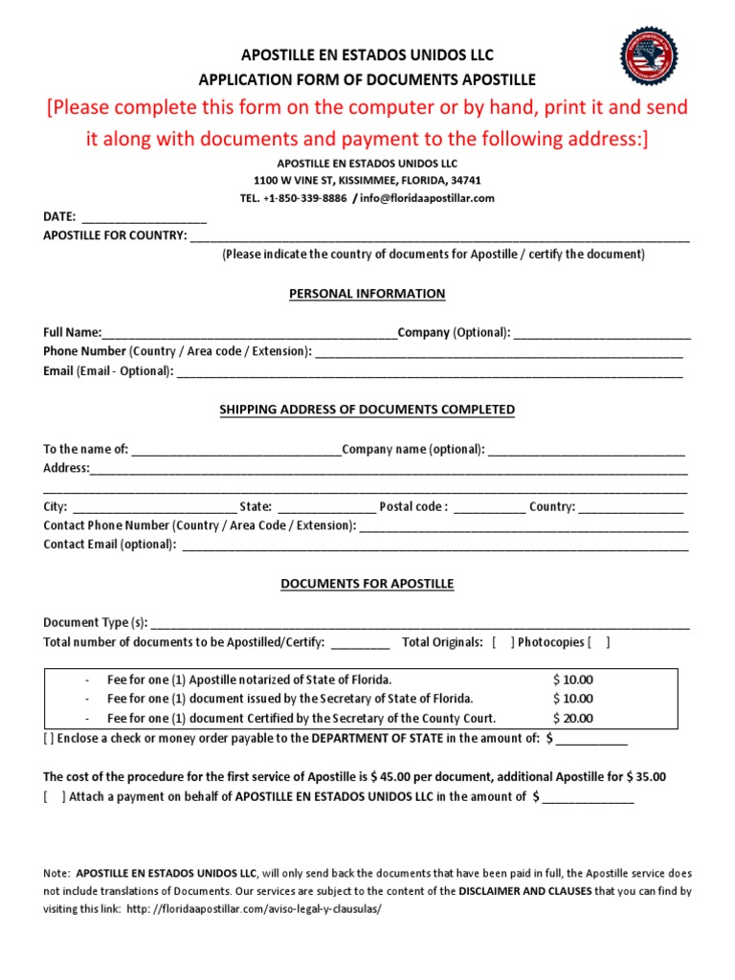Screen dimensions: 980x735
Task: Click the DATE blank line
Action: [x=144, y=218]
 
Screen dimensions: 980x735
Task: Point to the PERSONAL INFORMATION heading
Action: [x=367, y=294]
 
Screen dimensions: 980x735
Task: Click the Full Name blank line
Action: [x=249, y=334]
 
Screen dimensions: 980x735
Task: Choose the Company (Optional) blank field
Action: [x=602, y=334]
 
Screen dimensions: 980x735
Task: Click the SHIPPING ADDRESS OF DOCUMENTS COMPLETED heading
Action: [x=367, y=410]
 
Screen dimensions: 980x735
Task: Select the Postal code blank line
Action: [x=489, y=508]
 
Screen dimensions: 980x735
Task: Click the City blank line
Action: [x=154, y=508]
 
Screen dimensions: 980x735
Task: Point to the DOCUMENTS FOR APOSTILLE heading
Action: [x=367, y=584]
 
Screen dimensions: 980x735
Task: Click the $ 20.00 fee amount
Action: [x=573, y=719]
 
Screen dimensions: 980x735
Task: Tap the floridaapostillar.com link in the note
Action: [x=252, y=908]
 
